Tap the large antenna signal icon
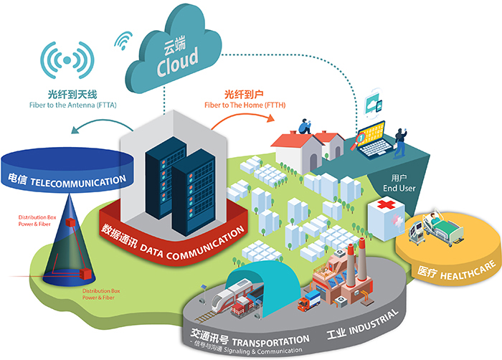coord(69,62)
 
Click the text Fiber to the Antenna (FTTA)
coord(82,105)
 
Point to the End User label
coord(411,188)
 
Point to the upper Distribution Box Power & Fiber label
coord(37,217)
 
